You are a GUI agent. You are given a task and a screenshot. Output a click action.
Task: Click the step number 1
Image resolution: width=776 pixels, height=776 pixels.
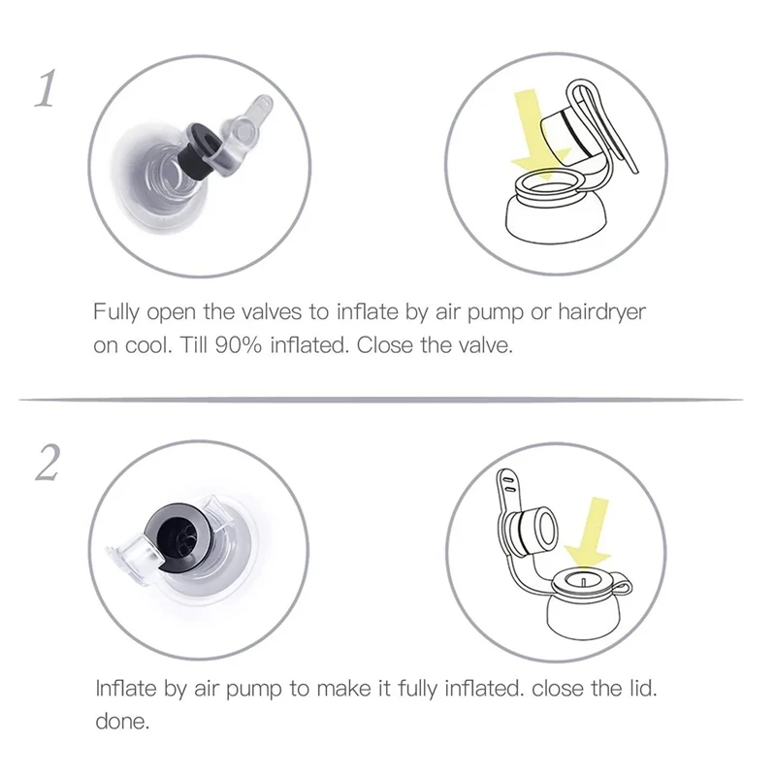[45, 88]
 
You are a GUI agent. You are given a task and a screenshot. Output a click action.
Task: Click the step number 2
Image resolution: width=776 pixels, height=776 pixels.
[48, 463]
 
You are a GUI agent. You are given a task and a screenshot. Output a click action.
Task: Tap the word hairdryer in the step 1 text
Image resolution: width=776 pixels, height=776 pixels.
[601, 312]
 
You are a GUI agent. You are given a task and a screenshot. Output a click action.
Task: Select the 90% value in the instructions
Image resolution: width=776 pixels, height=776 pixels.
[238, 345]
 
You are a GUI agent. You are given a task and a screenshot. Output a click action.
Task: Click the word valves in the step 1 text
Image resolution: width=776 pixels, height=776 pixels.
[272, 312]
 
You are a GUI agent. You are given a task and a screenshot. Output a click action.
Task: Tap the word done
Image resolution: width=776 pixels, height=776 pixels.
[122, 722]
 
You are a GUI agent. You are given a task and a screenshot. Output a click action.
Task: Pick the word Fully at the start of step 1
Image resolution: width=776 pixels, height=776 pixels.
[116, 312]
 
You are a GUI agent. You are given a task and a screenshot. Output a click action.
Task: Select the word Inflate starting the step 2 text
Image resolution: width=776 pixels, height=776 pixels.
[126, 688]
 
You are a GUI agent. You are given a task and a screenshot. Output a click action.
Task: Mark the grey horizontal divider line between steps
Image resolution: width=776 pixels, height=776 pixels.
[381, 399]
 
